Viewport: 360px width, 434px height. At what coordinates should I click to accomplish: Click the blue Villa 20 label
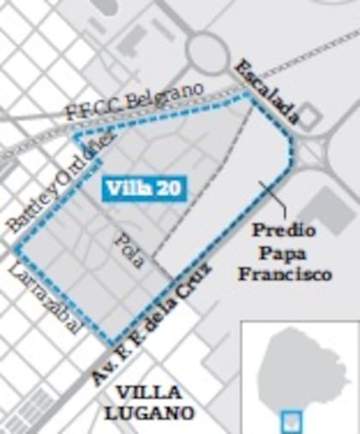pyautogui.click(x=142, y=188)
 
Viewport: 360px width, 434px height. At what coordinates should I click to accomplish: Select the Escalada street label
pyautogui.click(x=267, y=93)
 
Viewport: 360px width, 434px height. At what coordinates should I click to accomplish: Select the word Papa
pyautogui.click(x=284, y=253)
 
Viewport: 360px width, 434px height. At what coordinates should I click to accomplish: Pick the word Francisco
pyautogui.click(x=284, y=275)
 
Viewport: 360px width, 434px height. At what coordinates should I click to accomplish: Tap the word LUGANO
pyautogui.click(x=147, y=413)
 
